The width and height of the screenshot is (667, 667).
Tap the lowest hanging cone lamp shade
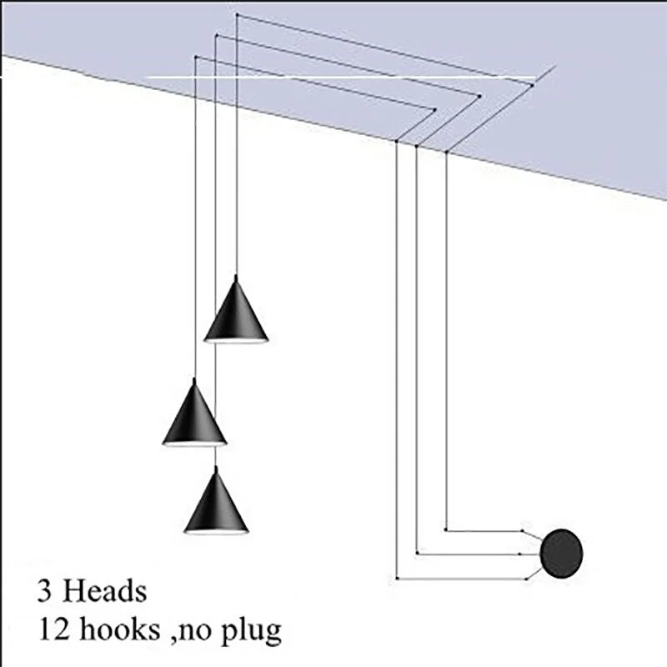pyautogui.click(x=216, y=504)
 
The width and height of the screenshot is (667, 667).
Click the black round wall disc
pyautogui.click(x=562, y=551)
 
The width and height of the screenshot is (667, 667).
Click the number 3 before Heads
pyautogui.click(x=44, y=592)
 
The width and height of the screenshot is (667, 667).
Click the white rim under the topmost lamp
pyautogui.click(x=237, y=341)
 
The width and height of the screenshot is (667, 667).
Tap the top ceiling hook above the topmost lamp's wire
pyautogui.click(x=237, y=14)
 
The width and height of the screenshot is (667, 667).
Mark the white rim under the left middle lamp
pyautogui.click(x=194, y=444)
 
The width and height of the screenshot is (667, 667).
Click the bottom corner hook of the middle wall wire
pyautogui.click(x=417, y=552)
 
